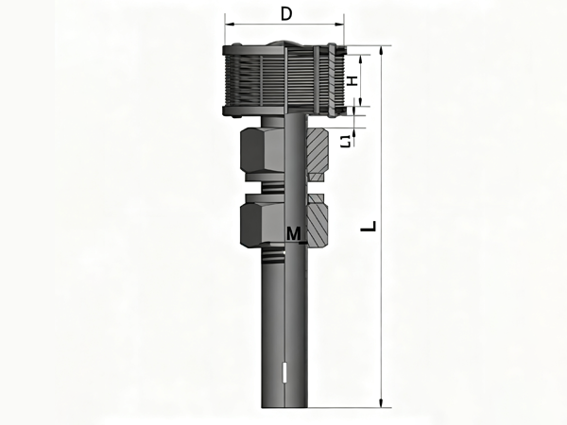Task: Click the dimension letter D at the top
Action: (286, 14)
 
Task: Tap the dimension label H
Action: (352, 80)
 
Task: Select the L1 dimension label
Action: (346, 141)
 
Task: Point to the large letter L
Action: (369, 227)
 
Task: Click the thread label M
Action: (293, 233)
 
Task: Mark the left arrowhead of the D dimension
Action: (230, 25)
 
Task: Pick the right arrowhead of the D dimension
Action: (339, 25)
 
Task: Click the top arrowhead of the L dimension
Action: (381, 51)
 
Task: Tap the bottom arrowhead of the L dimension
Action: (381, 402)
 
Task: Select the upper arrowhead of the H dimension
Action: (361, 59)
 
